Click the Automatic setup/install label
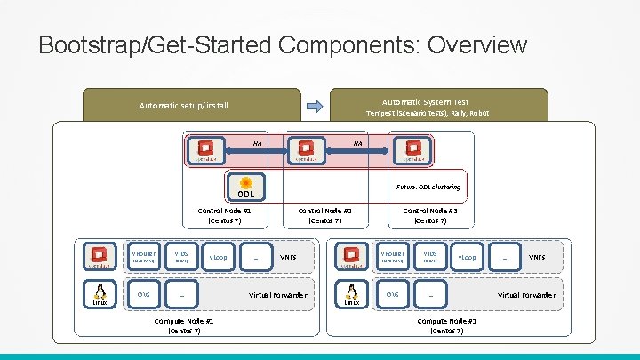(184, 106)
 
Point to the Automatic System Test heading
(425, 101)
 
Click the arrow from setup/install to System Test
(313, 105)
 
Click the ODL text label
(245, 196)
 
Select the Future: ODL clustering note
(428, 188)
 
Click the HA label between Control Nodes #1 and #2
(258, 142)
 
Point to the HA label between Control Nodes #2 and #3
(358, 142)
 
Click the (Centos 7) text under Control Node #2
(325, 220)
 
